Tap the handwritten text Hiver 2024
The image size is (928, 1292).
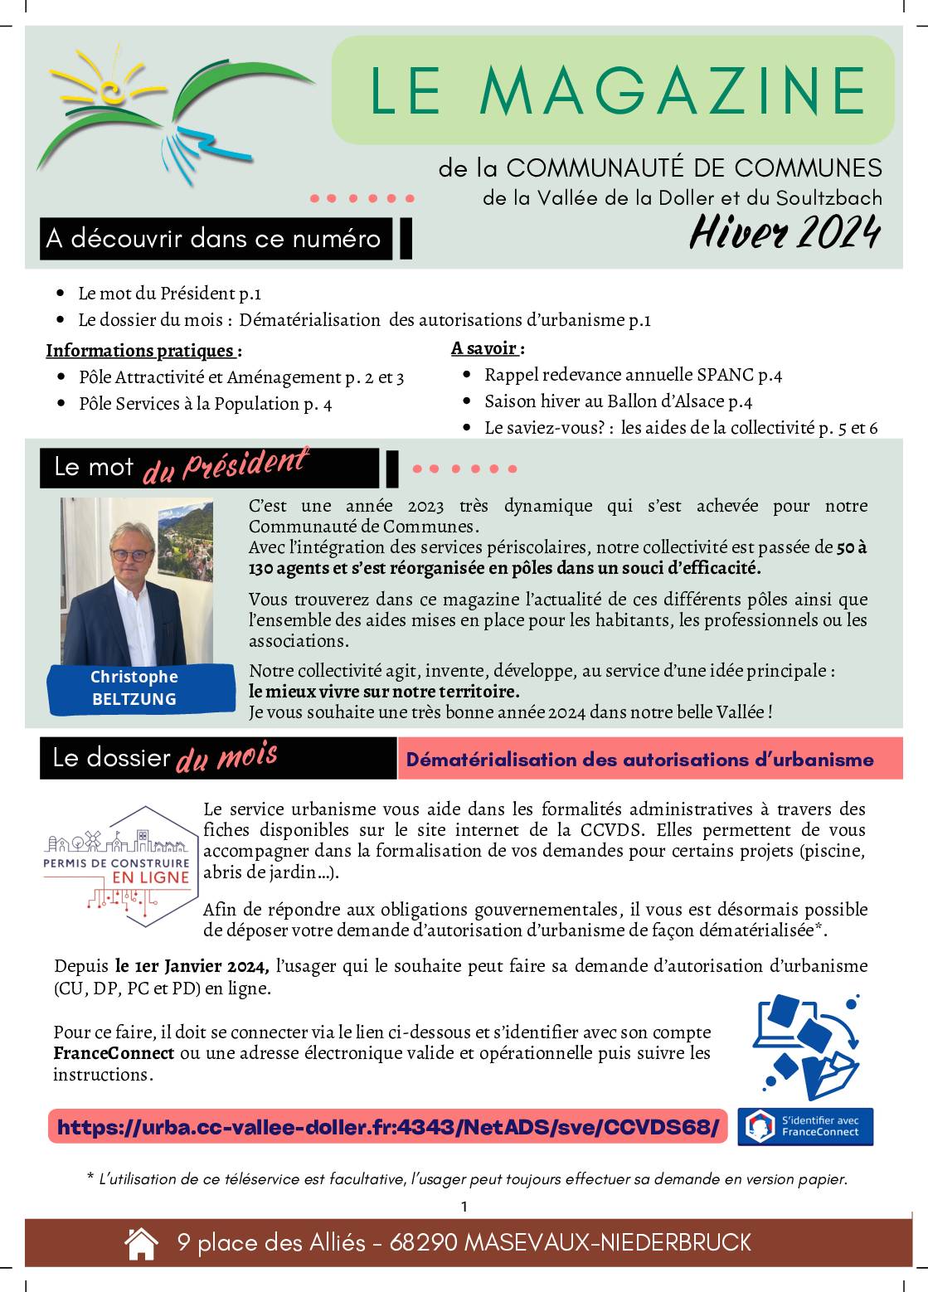[784, 233]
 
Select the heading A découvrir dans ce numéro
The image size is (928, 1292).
[214, 239]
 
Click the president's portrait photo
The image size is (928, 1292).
[137, 580]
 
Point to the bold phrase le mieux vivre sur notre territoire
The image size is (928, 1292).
[385, 691]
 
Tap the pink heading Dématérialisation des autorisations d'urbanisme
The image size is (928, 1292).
[640, 759]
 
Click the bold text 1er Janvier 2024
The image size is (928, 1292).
[192, 966]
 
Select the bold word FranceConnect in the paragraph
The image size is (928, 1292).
[114, 1053]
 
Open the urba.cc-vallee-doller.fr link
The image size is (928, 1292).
[387, 1128]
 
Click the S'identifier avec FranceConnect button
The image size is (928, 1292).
[805, 1127]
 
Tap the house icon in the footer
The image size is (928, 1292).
[141, 1243]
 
